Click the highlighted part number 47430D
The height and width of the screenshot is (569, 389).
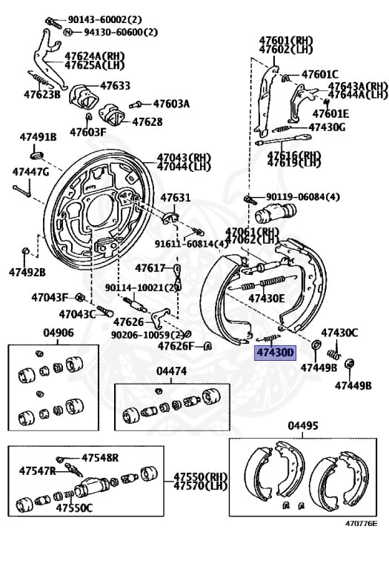(275, 353)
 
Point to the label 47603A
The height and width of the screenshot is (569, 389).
(171, 104)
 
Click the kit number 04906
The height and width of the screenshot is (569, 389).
(58, 333)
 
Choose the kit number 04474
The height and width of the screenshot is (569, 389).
(171, 370)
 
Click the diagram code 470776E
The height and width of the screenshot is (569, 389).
(360, 524)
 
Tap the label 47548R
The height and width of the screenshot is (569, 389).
(100, 457)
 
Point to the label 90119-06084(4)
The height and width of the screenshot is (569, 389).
(303, 196)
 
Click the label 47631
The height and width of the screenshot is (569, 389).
(176, 198)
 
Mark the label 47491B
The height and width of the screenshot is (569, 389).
(33, 137)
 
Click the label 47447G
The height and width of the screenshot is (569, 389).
(30, 172)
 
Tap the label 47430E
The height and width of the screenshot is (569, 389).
(266, 298)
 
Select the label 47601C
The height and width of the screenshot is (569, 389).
(320, 74)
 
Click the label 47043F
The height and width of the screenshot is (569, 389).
(50, 297)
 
